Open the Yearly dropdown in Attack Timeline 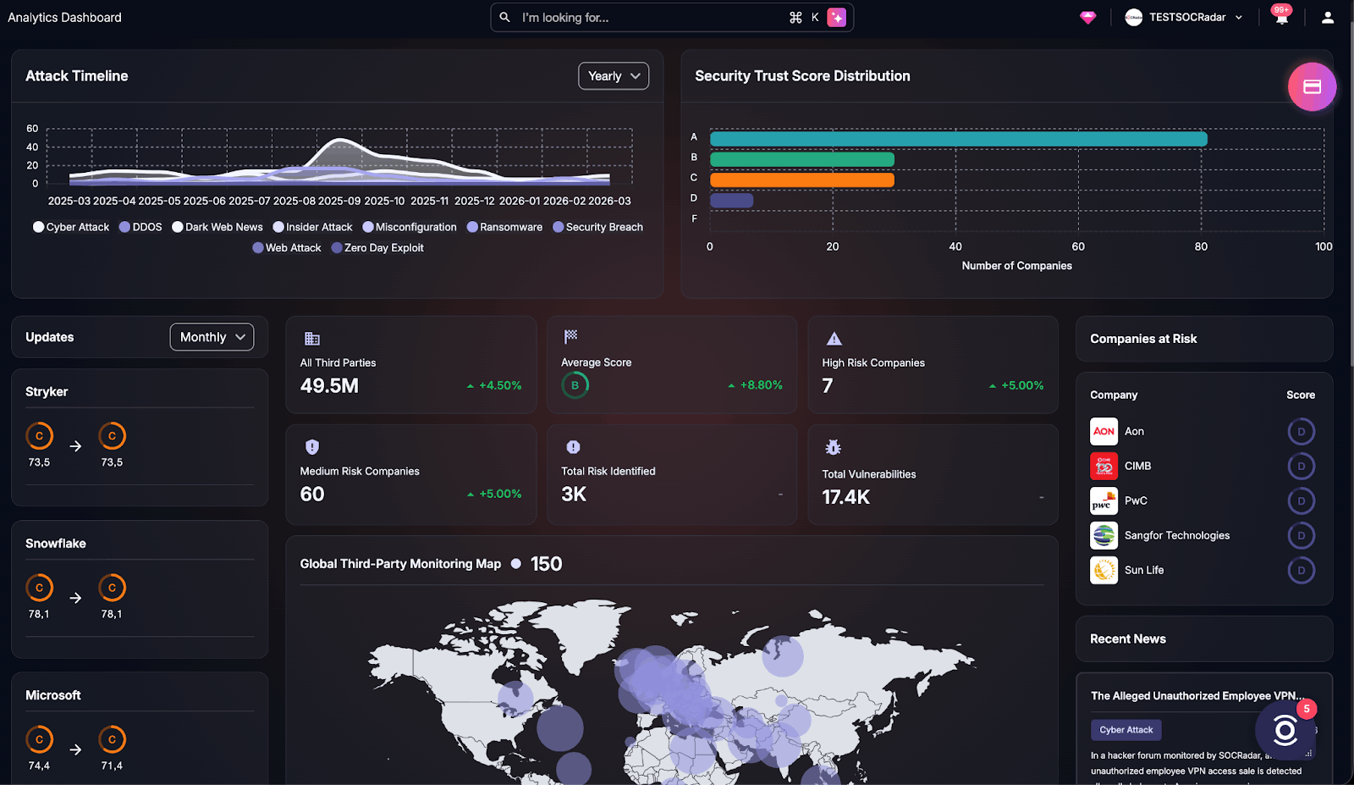pos(614,76)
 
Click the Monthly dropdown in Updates pos(212,337)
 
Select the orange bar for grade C pos(801,180)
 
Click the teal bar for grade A pos(958,139)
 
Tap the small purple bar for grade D pos(731,201)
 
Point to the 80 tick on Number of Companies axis pos(1201,246)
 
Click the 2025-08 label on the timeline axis pos(294,202)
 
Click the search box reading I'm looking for pos(643,18)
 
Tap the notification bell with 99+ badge pos(1281,17)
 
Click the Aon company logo pos(1104,431)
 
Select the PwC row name pos(1136,500)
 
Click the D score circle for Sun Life pos(1301,570)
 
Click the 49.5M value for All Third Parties pos(329,386)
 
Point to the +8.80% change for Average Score pos(760,385)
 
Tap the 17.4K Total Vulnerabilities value pos(845,497)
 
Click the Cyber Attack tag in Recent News pos(1126,730)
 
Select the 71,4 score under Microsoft pos(112,766)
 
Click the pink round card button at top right pos(1312,86)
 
